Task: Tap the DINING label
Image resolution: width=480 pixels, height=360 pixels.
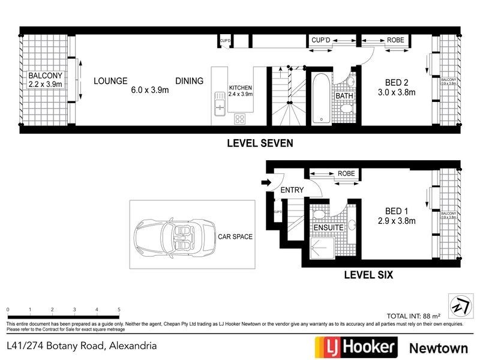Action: click(189, 81)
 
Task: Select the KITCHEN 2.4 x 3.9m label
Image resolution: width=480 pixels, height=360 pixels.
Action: click(241, 91)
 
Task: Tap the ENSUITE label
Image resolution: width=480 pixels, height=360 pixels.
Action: click(328, 229)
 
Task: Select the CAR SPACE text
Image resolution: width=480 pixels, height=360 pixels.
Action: click(235, 236)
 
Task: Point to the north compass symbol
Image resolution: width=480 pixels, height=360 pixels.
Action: click(458, 305)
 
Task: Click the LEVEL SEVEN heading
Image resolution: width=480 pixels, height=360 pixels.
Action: click(259, 143)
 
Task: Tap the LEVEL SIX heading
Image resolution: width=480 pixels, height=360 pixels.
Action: click(368, 275)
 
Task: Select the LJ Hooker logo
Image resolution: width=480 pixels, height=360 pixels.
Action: click(356, 346)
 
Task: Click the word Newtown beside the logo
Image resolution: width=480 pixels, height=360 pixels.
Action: click(439, 347)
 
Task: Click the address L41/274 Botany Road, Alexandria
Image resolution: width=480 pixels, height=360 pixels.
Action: click(82, 346)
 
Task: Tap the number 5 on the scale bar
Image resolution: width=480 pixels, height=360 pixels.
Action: click(119, 310)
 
